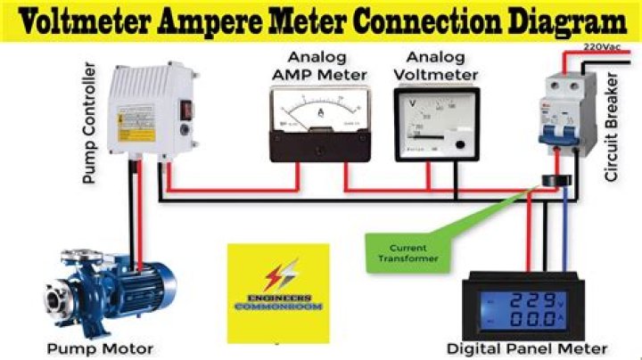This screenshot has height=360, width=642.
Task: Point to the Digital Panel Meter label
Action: pos(528,348)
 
